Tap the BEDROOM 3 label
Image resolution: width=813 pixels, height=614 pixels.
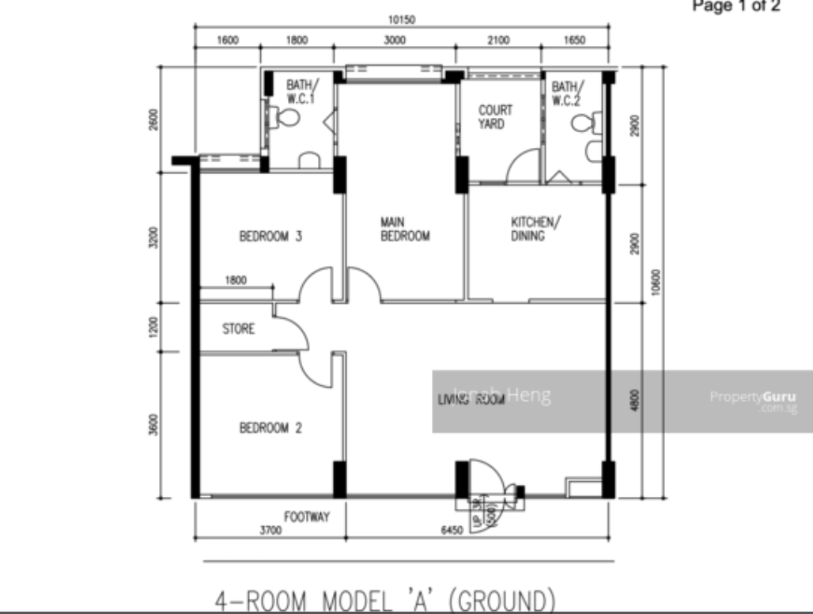pyautogui.click(x=271, y=236)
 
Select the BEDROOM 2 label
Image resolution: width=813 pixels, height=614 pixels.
pyautogui.click(x=271, y=428)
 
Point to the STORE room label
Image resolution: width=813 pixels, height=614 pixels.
pyautogui.click(x=238, y=328)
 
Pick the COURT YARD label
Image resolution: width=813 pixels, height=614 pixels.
pyautogui.click(x=495, y=117)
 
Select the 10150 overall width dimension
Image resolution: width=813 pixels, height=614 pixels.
pyautogui.click(x=402, y=21)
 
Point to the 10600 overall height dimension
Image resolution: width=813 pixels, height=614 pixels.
pyautogui.click(x=656, y=280)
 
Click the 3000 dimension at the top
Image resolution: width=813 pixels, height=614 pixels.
pyautogui.click(x=395, y=42)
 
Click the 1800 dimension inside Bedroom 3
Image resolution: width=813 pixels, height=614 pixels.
pyautogui.click(x=236, y=279)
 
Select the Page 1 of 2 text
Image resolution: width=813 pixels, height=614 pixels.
pyautogui.click(x=736, y=7)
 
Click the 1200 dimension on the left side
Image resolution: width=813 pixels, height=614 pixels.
pyautogui.click(x=154, y=326)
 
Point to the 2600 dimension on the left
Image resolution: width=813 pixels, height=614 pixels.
pyautogui.click(x=154, y=118)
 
